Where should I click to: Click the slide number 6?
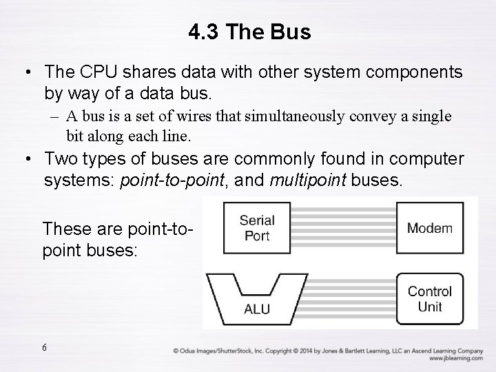(x=44, y=347)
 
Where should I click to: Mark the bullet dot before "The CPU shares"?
(x=25, y=72)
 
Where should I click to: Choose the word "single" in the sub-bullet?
(x=434, y=116)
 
